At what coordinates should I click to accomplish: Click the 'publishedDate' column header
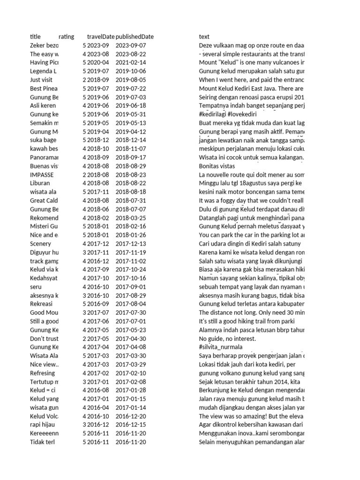point(135,37)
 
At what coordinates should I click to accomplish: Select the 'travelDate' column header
point(100,37)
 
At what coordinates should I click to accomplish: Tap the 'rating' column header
point(66,37)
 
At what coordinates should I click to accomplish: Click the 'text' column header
point(204,37)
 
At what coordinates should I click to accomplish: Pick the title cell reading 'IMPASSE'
point(41,174)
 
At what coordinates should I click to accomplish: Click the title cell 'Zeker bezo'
point(44,45)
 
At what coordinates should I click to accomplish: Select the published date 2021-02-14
point(131,62)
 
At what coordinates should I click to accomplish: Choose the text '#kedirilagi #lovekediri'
point(230,114)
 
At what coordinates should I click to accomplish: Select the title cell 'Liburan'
point(40,183)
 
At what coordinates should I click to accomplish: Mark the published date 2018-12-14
point(131,140)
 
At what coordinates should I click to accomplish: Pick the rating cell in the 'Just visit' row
point(84,80)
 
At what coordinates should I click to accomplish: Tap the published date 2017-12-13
point(131,243)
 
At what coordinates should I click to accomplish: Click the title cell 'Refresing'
point(42,373)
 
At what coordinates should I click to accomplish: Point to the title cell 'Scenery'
point(40,243)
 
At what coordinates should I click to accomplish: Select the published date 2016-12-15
point(131,425)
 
